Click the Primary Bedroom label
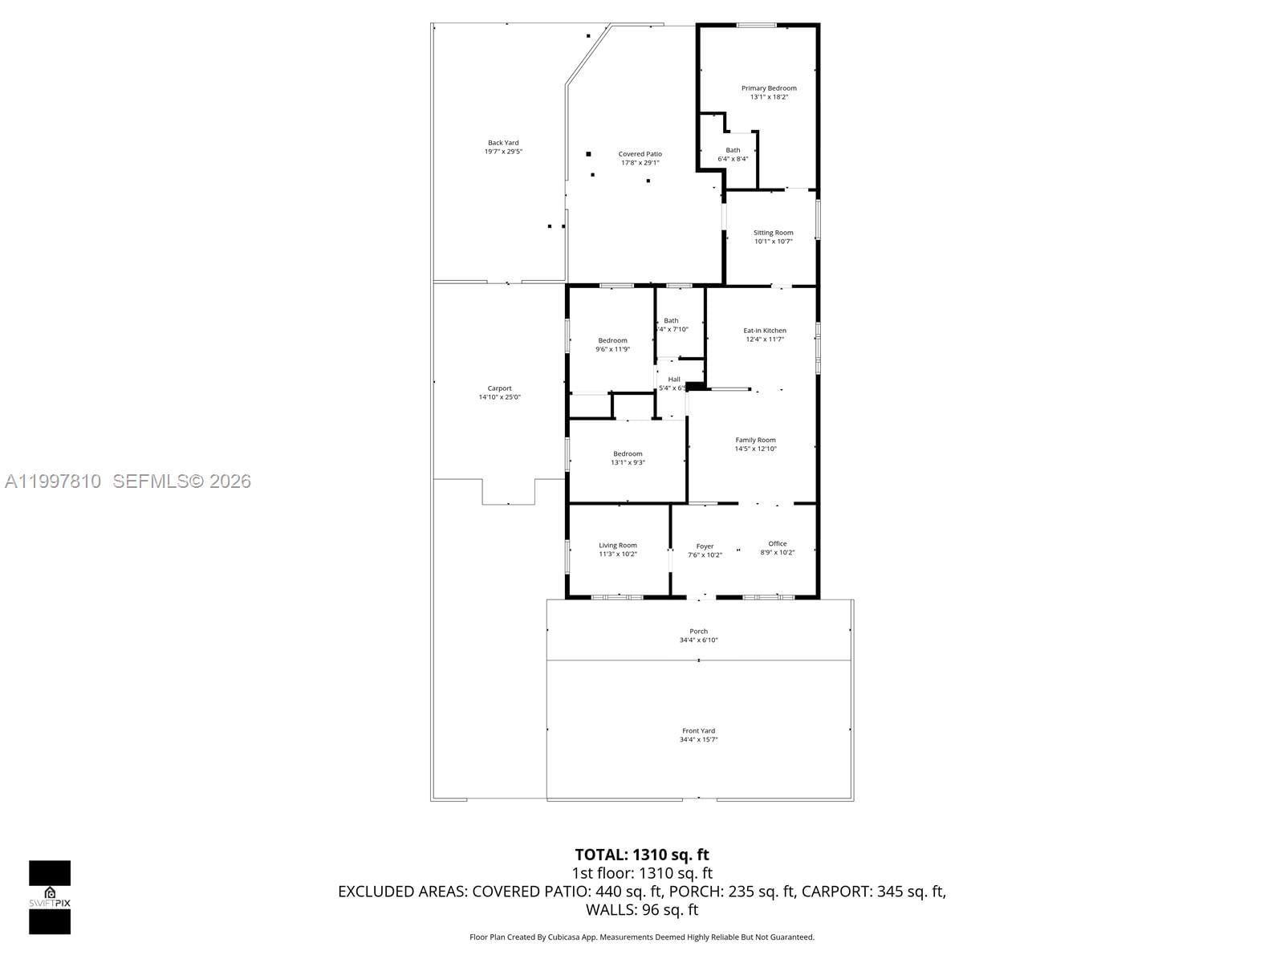click(769, 88)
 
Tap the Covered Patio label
click(640, 154)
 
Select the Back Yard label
click(503, 143)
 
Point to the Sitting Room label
click(773, 233)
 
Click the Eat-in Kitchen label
click(764, 331)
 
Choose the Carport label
click(499, 388)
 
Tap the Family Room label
click(755, 440)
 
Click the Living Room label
click(617, 546)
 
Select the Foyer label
click(705, 547)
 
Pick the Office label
click(777, 544)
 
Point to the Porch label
click(698, 632)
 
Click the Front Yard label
click(698, 731)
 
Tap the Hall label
click(674, 380)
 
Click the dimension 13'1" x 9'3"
click(628, 462)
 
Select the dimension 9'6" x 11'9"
click(612, 349)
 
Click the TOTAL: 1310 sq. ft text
click(641, 855)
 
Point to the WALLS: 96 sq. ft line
click(641, 910)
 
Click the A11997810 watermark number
click(53, 481)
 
